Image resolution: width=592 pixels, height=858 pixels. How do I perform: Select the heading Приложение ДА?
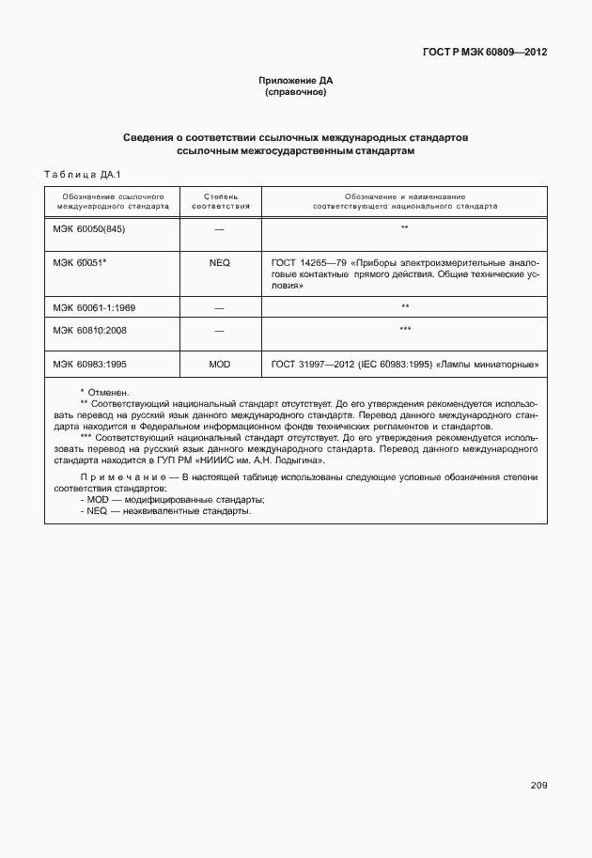pos(296,81)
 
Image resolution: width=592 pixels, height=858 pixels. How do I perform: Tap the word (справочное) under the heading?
pos(296,92)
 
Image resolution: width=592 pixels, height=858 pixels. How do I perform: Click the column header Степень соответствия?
pos(220,200)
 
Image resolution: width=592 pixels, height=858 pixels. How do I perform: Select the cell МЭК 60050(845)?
pos(89,228)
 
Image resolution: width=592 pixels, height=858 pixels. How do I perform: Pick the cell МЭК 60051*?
pos(80,263)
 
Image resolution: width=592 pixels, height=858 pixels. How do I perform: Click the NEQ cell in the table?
pos(220,263)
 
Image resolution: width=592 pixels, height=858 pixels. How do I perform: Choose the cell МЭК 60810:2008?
pos(91,329)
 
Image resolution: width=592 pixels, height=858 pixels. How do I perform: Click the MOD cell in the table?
pos(220,364)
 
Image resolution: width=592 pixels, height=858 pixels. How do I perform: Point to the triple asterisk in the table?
pos(404,329)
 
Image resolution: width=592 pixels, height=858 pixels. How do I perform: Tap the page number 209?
pos(537,786)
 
